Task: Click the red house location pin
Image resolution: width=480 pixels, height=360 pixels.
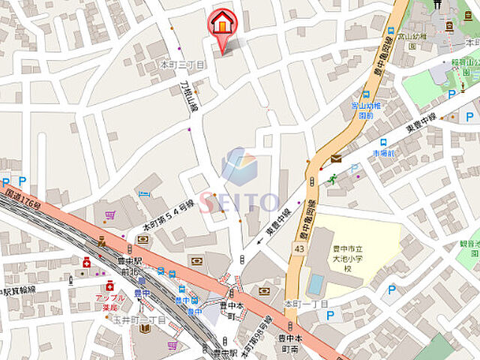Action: click(x=222, y=23)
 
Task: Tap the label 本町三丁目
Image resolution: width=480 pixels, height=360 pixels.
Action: click(x=182, y=65)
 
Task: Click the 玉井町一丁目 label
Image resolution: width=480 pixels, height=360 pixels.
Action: click(x=145, y=321)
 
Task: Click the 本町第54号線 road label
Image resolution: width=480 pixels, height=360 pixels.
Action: click(x=168, y=214)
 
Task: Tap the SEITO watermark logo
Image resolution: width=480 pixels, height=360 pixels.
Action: click(x=239, y=184)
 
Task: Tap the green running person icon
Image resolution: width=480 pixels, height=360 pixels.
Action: click(x=332, y=178)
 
